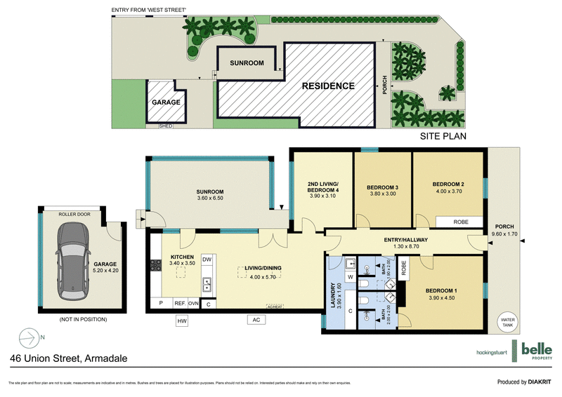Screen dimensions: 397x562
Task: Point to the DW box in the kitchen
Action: (207, 260)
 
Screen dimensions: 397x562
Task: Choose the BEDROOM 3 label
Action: (383, 191)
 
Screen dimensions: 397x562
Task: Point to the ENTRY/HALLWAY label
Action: (401, 243)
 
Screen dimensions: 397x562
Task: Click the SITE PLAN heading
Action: (443, 137)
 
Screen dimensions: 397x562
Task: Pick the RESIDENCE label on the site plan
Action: (327, 86)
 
